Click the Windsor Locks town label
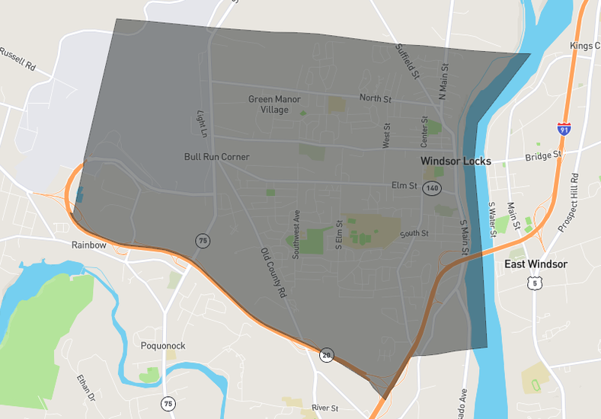pyautogui.click(x=456, y=162)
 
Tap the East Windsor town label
pyautogui.click(x=535, y=264)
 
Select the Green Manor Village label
pyautogui.click(x=274, y=104)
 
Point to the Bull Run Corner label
pyautogui.click(x=217, y=157)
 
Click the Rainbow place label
pyautogui.click(x=89, y=245)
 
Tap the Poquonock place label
pyautogui.click(x=163, y=345)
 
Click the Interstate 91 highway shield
pyautogui.click(x=564, y=130)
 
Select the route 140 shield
pyautogui.click(x=433, y=187)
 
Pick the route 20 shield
pyautogui.click(x=326, y=354)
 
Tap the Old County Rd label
pyautogui.click(x=272, y=272)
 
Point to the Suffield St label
pyautogui.click(x=408, y=61)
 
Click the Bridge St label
pyautogui.click(x=543, y=155)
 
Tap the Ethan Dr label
pyautogui.click(x=85, y=387)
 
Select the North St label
pyautogui.click(x=375, y=98)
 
